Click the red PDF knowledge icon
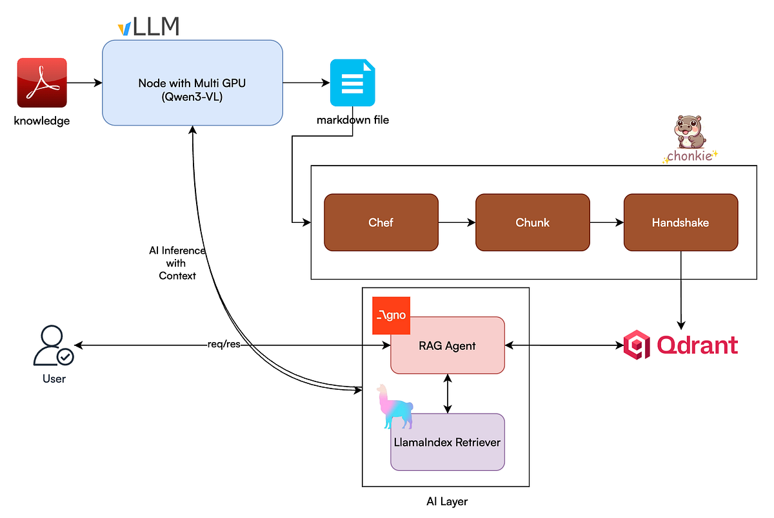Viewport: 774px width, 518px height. pyautogui.click(x=42, y=82)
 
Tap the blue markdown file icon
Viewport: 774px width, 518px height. pyautogui.click(x=352, y=82)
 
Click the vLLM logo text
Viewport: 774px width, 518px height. pyautogui.click(x=148, y=27)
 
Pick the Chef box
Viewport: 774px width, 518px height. pyautogui.click(x=381, y=222)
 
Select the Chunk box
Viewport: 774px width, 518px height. pyautogui.click(x=532, y=222)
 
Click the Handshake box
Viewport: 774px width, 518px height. pyautogui.click(x=680, y=222)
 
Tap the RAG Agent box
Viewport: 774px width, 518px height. pyautogui.click(x=447, y=345)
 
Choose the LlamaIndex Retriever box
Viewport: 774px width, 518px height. pyautogui.click(x=447, y=442)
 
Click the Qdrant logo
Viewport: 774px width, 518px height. pyautogui.click(x=680, y=345)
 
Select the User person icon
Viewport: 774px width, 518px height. pyautogui.click(x=54, y=346)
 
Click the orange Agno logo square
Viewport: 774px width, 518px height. pyautogui.click(x=391, y=316)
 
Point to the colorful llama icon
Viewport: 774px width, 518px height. pyautogui.click(x=395, y=407)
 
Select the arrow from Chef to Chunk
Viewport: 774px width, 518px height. pyautogui.click(x=457, y=223)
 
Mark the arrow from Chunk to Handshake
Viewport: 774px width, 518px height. pyautogui.click(x=606, y=223)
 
